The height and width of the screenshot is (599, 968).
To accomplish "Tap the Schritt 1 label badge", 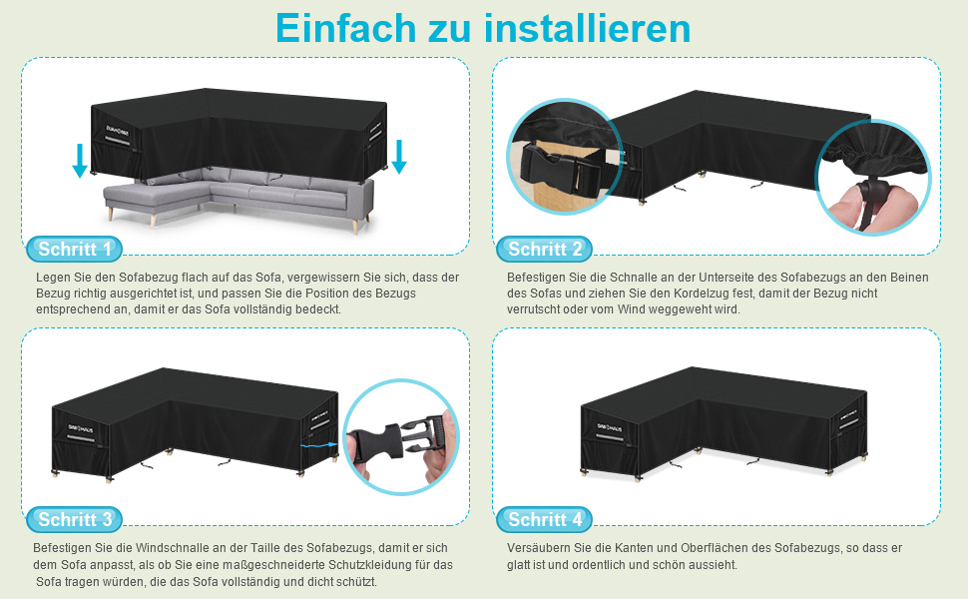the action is [74, 250].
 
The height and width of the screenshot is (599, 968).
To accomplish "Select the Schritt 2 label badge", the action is [544, 250].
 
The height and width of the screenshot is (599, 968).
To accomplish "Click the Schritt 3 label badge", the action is [74, 520].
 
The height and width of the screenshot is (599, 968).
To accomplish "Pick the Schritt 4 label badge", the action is [544, 520].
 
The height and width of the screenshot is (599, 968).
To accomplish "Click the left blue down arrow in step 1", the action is [80, 161].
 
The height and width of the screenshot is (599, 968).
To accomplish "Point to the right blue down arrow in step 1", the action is [399, 157].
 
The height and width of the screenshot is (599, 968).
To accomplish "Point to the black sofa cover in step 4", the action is [724, 422].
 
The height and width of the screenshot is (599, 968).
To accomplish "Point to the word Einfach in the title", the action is [346, 28].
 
